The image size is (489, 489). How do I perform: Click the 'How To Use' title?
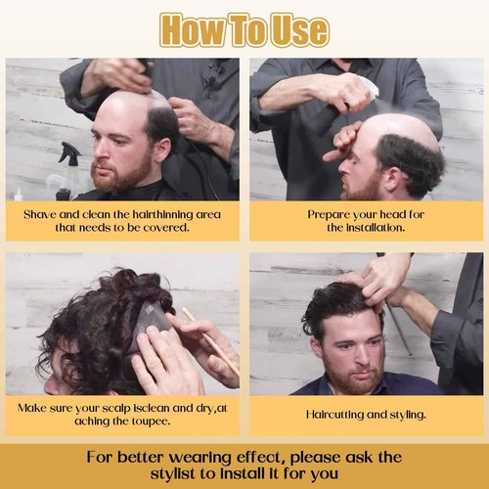click(244, 29)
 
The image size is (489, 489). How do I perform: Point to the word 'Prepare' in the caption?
click(329, 213)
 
